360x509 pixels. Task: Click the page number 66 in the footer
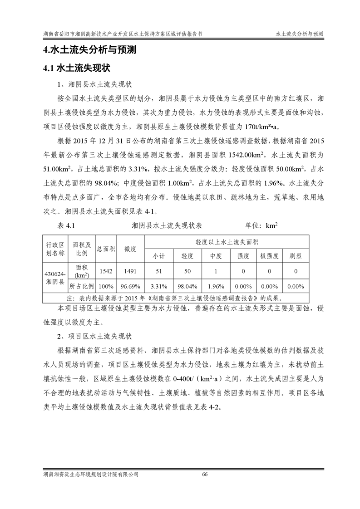point(204,474)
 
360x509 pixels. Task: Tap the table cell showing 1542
point(106,271)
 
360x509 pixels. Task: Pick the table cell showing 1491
point(130,271)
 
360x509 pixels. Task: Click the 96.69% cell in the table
point(130,287)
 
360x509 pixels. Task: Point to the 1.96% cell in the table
point(215,287)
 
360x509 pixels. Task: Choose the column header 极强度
point(269,256)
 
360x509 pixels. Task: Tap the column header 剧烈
point(296,256)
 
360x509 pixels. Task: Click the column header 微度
point(130,249)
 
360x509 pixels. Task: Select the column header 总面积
point(106,249)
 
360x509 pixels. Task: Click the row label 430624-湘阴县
point(55,278)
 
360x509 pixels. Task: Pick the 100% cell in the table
point(106,287)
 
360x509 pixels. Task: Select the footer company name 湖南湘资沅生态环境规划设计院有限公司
point(88,474)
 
